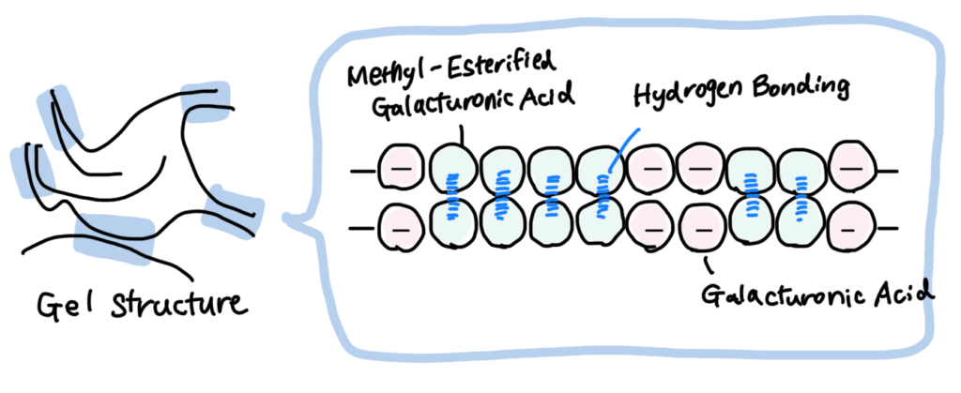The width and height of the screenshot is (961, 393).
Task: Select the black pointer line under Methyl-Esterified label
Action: tap(463, 136)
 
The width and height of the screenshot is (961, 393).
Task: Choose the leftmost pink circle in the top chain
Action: tap(400, 168)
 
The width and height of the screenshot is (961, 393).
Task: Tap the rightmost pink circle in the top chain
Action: tap(851, 167)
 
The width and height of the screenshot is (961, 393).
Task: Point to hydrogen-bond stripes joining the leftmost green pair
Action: tap(451, 196)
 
